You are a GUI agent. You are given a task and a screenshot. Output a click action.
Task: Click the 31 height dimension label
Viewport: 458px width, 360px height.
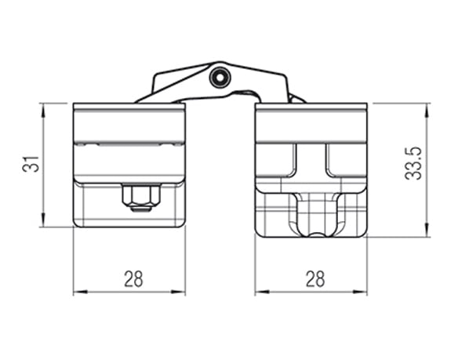pos(31,164)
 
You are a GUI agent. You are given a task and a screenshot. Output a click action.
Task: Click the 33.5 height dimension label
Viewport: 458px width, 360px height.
pos(413,163)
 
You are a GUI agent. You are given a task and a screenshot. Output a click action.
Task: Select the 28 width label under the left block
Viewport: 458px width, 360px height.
pos(133,278)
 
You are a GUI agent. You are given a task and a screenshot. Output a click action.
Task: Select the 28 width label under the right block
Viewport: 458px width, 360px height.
pos(315,278)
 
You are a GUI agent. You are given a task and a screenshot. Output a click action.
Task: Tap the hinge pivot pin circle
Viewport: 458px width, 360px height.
pos(220,77)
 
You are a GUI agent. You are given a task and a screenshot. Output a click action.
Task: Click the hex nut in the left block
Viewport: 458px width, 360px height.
pos(141,195)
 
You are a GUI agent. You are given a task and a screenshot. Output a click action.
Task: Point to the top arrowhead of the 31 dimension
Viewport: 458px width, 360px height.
pos(43,111)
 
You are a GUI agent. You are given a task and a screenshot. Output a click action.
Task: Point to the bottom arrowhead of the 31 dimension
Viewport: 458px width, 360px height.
pos(43,219)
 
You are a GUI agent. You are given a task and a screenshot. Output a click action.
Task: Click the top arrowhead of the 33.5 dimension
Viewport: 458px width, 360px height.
pos(427,111)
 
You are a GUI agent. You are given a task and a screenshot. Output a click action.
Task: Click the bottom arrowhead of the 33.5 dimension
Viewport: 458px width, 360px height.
pos(427,230)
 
